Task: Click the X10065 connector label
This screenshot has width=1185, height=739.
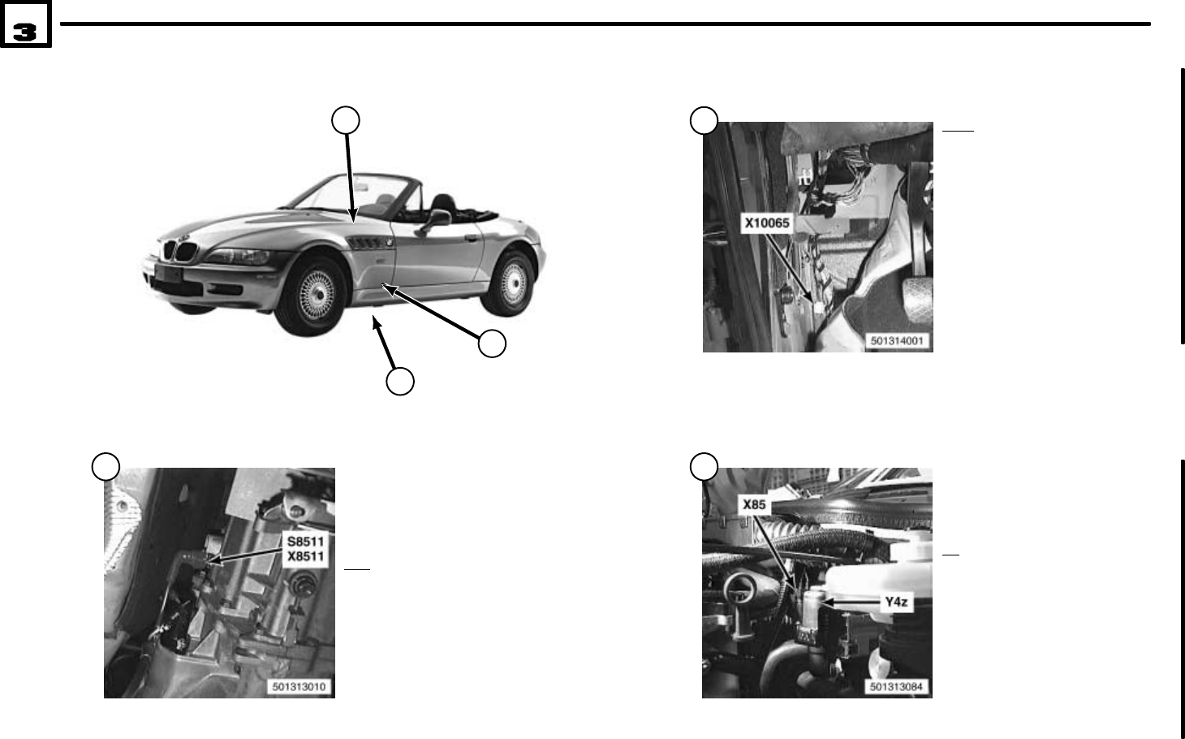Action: [767, 223]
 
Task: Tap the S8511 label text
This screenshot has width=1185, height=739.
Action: [306, 542]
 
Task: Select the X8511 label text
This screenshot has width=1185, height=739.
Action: [306, 556]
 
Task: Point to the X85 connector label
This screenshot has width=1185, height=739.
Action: [755, 504]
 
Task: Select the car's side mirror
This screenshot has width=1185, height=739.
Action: [439, 218]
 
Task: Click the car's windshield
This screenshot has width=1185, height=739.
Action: [341, 195]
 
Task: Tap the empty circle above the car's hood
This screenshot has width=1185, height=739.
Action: [347, 120]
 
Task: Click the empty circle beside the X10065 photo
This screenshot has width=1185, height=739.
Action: [704, 121]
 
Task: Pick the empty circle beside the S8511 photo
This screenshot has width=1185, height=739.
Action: [106, 466]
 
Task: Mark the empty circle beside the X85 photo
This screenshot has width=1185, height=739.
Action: [704, 466]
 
